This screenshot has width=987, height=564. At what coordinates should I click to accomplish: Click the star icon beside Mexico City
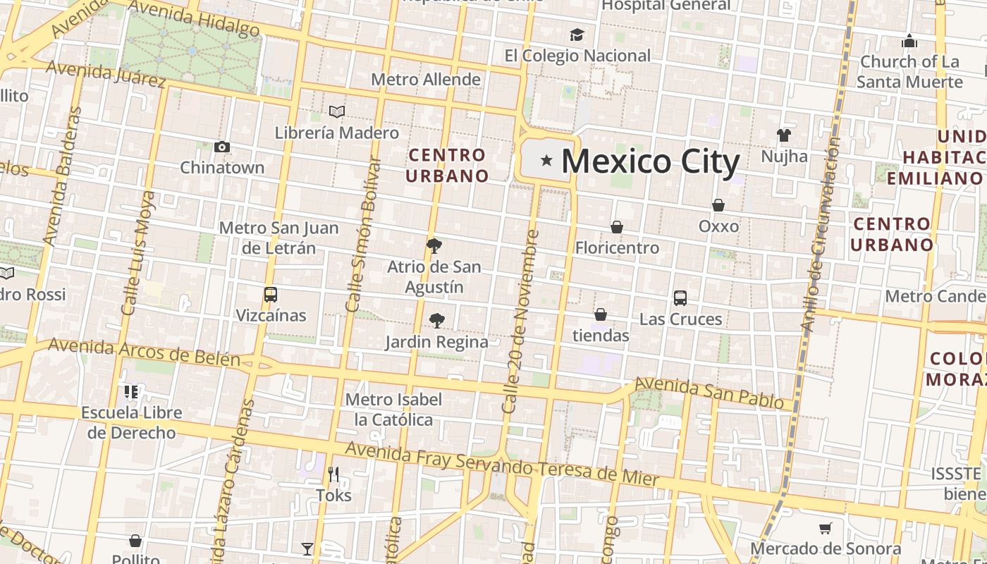click(546, 161)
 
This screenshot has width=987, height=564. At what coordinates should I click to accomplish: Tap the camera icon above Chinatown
click(222, 147)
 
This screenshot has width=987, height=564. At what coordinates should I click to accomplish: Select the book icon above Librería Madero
click(337, 111)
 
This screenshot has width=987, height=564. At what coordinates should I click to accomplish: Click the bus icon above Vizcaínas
click(271, 295)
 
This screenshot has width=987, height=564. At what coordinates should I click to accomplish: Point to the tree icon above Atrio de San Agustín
click(434, 246)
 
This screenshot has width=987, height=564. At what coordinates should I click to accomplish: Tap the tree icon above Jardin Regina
click(437, 321)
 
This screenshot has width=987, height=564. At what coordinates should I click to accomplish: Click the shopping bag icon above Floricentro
click(617, 227)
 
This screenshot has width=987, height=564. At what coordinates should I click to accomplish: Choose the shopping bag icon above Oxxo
click(718, 205)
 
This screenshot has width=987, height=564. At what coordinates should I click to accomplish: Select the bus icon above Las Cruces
click(680, 298)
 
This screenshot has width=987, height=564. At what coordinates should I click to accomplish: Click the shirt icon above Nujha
click(784, 135)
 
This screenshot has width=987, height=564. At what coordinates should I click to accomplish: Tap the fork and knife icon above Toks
click(333, 474)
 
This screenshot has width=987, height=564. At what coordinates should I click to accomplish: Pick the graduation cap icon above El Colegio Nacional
click(577, 35)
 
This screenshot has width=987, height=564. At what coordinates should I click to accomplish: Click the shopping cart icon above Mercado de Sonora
click(825, 528)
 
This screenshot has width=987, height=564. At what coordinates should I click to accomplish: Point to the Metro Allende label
click(426, 80)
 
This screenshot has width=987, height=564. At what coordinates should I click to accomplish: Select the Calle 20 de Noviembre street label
click(520, 321)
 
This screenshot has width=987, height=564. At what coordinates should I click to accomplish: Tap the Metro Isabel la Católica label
click(393, 410)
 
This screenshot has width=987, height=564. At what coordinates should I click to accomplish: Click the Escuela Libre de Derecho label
click(132, 422)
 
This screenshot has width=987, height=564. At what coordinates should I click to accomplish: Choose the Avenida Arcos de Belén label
click(145, 352)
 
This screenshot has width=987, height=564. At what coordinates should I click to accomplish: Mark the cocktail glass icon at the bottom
click(307, 548)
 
